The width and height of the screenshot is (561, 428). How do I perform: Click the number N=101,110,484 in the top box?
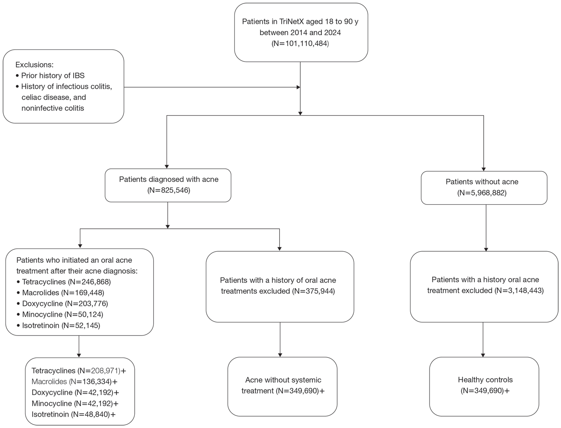click(x=300, y=44)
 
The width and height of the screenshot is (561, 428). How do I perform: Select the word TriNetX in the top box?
click(x=291, y=21)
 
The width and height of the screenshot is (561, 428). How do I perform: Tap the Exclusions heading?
click(x=34, y=64)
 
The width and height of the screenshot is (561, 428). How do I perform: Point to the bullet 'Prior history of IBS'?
click(x=50, y=76)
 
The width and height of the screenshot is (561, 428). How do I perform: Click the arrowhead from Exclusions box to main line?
click(x=298, y=87)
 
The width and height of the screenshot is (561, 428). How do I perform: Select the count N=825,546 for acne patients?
click(x=169, y=190)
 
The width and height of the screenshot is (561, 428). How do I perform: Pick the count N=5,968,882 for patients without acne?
click(x=482, y=193)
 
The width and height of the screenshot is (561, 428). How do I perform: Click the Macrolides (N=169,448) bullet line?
click(x=60, y=292)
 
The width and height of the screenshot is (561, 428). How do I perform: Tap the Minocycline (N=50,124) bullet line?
click(x=60, y=314)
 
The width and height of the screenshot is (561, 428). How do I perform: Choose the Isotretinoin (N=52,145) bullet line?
click(x=58, y=325)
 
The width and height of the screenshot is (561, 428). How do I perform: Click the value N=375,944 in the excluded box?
click(x=313, y=291)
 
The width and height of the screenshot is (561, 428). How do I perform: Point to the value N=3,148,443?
click(x=519, y=291)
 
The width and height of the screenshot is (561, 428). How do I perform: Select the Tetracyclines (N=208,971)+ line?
click(x=79, y=371)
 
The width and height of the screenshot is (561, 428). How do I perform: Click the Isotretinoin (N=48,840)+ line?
click(x=74, y=414)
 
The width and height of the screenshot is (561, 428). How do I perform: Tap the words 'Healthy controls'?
click(x=485, y=380)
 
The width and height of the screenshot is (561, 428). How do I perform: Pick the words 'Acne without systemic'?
click(x=283, y=380)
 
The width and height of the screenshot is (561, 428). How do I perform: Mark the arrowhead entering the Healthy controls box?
click(x=483, y=355)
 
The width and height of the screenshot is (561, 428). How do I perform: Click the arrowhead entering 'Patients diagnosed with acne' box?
click(x=167, y=167)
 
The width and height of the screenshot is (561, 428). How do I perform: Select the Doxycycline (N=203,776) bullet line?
click(x=62, y=304)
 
